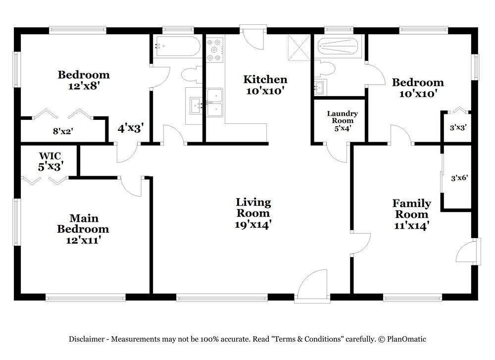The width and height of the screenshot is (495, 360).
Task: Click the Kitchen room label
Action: [265, 79]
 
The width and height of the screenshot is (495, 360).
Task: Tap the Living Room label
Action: [253, 207]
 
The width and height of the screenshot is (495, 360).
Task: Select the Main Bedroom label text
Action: [83, 223]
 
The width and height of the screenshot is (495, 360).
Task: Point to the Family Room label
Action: [411, 208]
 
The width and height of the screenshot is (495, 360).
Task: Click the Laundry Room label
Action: [342, 117]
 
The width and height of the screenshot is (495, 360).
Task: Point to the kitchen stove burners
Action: [214, 50]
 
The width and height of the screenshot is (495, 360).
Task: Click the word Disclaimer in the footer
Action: [86, 339]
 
